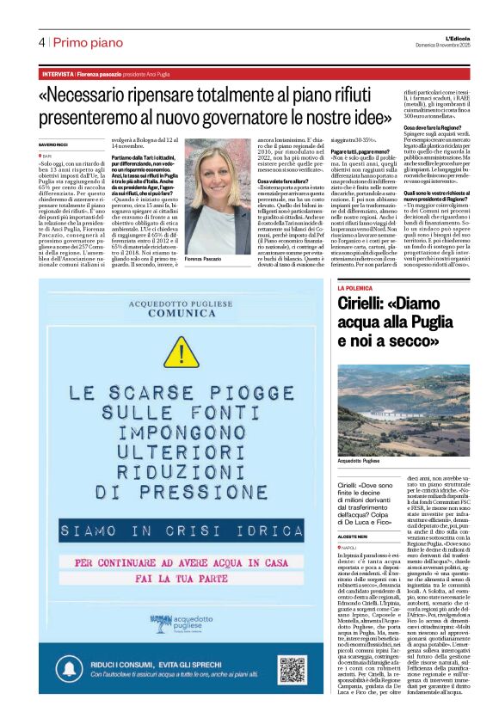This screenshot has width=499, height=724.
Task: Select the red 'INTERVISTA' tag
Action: [x=56, y=74]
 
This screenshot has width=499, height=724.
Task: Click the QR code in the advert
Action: [x=292, y=667]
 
